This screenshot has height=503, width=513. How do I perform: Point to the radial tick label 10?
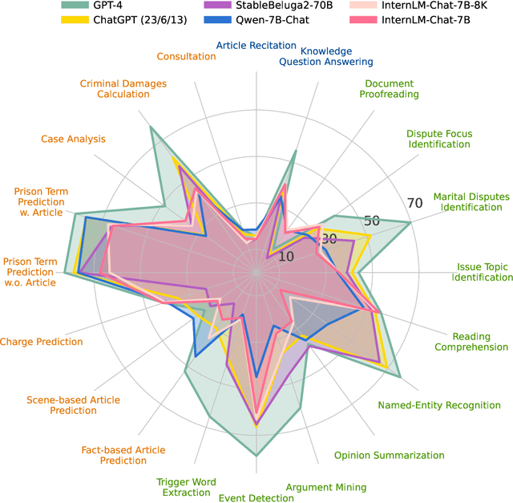coord(286,257)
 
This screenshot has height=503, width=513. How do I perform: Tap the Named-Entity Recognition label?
coord(439,405)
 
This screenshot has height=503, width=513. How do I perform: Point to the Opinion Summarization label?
coord(389,456)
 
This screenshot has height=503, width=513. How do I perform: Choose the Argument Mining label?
coord(325,487)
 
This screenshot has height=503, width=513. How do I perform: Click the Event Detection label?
coord(256,498)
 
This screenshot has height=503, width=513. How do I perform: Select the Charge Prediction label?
coord(41,342)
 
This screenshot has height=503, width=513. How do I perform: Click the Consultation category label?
coord(186,56)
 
